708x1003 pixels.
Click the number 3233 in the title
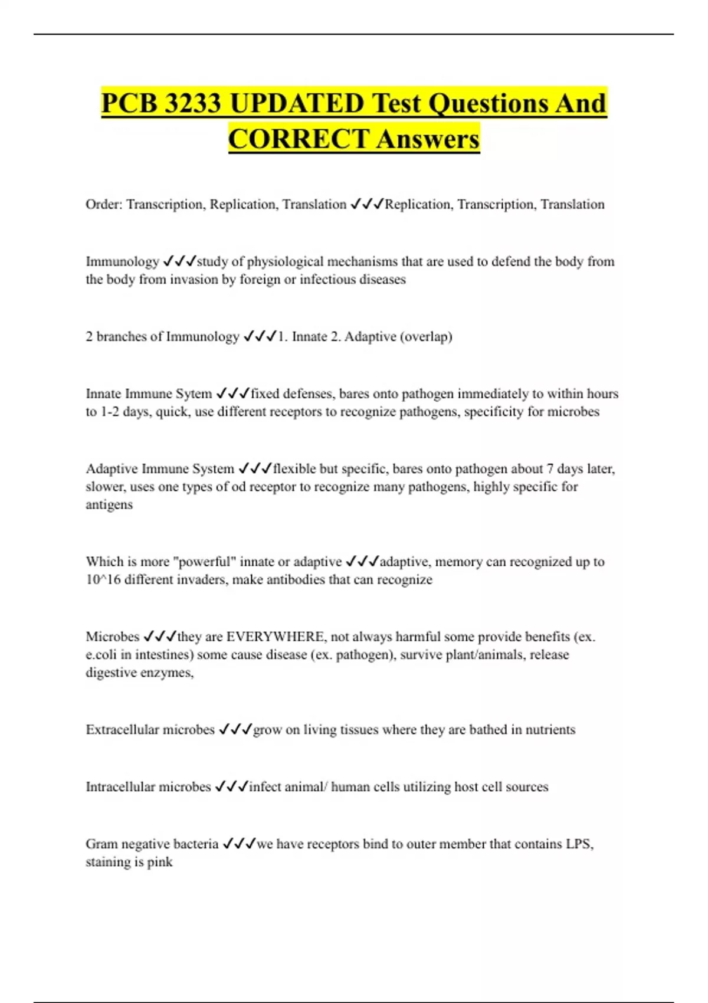(x=193, y=104)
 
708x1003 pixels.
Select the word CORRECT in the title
(x=299, y=140)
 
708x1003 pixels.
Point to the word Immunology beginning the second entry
(x=122, y=261)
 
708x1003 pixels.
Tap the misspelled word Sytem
(x=195, y=394)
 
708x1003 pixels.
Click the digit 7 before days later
(x=550, y=469)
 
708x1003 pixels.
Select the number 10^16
(x=103, y=580)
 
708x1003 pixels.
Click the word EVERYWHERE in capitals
(x=276, y=637)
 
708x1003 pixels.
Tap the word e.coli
(x=101, y=655)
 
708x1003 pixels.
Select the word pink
(x=160, y=862)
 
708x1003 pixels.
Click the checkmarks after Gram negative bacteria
(x=239, y=844)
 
